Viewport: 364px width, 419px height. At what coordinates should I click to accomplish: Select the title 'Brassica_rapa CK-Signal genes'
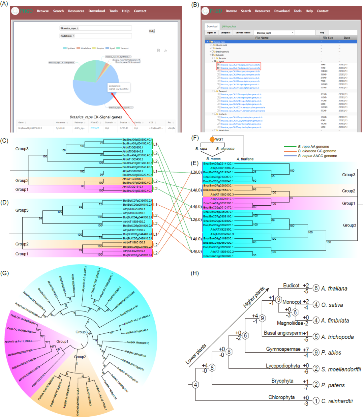(x=96, y=117)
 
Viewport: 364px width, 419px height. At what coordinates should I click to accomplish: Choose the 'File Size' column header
(x=328, y=38)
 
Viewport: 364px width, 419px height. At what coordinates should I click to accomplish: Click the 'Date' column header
(x=347, y=38)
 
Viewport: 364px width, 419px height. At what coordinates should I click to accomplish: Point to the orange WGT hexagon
(x=212, y=139)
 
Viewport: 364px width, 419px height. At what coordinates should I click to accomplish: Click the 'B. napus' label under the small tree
(x=213, y=159)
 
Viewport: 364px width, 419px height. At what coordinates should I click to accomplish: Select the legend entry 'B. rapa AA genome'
(x=313, y=147)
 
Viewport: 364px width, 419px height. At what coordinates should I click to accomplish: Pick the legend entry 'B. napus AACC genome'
(x=317, y=156)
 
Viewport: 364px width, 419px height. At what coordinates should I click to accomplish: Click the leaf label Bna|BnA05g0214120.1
(x=218, y=163)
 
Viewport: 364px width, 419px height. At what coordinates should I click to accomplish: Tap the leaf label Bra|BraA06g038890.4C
(x=136, y=140)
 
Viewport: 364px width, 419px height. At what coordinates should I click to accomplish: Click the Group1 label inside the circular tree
(x=62, y=341)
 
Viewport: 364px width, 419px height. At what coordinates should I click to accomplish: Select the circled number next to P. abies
(x=316, y=353)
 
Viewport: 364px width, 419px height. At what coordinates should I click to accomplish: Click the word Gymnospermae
(x=283, y=349)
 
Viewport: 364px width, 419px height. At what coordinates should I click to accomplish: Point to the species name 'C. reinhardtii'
(x=337, y=401)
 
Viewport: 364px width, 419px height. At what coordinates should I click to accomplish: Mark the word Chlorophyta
(x=281, y=397)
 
